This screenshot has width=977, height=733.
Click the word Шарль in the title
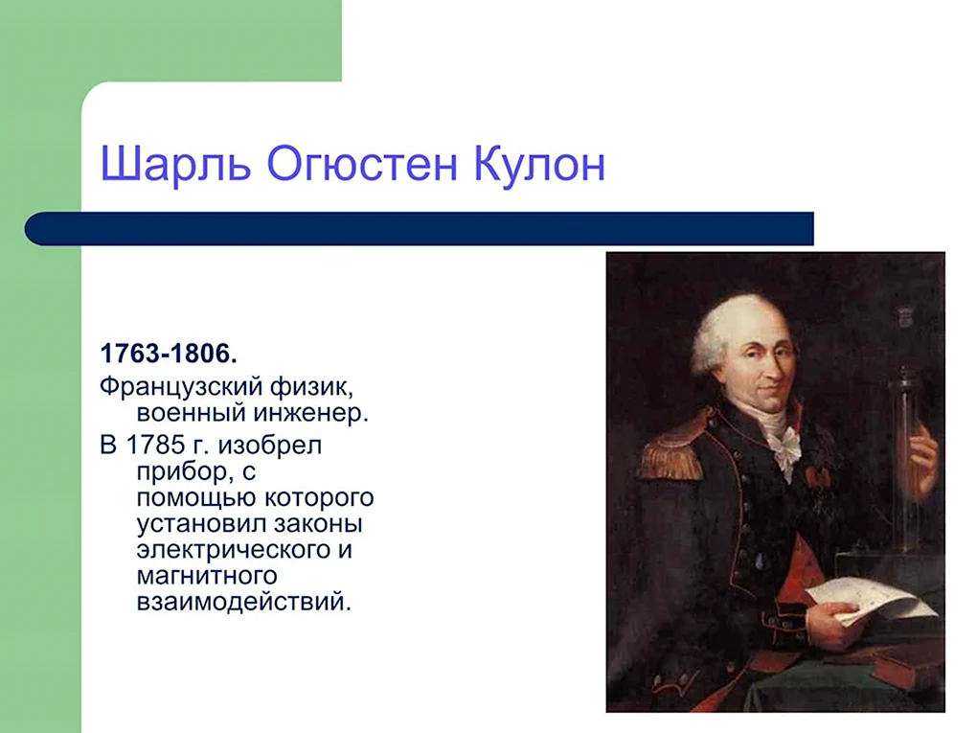[175, 164]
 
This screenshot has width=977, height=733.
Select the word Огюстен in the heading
[362, 163]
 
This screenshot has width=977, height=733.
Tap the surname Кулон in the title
[539, 163]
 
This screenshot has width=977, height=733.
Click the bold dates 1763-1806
[169, 354]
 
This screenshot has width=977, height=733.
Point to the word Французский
[181, 388]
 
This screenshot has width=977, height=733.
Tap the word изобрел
[270, 445]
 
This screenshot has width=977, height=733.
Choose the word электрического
[235, 551]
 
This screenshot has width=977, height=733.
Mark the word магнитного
[207, 575]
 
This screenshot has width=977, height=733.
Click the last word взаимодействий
[244, 602]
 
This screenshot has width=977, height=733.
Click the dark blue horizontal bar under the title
[419, 228]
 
